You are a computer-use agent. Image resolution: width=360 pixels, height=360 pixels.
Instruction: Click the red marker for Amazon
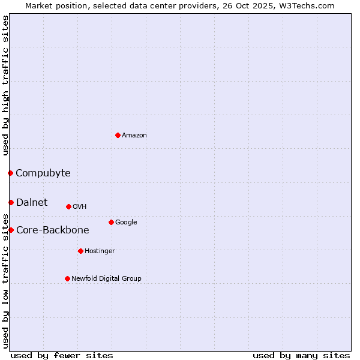(118, 135)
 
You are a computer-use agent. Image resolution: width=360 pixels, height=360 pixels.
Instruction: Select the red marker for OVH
(68, 206)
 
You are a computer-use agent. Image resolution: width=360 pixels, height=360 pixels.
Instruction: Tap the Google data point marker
(111, 222)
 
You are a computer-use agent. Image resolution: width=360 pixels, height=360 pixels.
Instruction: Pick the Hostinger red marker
(80, 251)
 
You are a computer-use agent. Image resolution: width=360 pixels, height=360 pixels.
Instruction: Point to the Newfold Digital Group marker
(67, 278)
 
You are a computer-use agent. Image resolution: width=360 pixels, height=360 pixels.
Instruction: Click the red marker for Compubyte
(10, 173)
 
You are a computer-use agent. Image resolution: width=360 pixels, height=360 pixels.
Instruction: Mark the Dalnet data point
(11, 202)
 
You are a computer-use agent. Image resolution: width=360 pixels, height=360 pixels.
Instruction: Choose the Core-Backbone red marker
(11, 230)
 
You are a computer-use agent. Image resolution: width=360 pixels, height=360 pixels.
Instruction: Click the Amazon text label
(134, 135)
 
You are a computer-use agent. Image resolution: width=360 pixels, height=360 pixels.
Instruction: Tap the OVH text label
(80, 206)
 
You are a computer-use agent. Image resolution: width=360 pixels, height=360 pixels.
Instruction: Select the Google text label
(126, 222)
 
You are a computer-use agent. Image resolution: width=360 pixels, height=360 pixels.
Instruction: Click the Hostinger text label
(100, 251)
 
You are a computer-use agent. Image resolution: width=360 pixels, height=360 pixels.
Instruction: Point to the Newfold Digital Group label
(106, 278)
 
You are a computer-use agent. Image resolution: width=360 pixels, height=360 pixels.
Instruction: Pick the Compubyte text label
(43, 173)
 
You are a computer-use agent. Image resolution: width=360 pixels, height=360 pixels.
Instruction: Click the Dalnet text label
(32, 202)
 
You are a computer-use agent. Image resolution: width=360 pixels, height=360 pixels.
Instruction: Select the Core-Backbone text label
(52, 230)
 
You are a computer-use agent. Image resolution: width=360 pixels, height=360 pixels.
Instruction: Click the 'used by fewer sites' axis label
(62, 355)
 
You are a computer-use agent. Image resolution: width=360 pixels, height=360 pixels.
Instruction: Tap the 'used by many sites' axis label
(301, 355)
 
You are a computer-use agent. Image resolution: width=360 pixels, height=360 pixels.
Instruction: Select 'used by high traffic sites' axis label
(5, 85)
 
